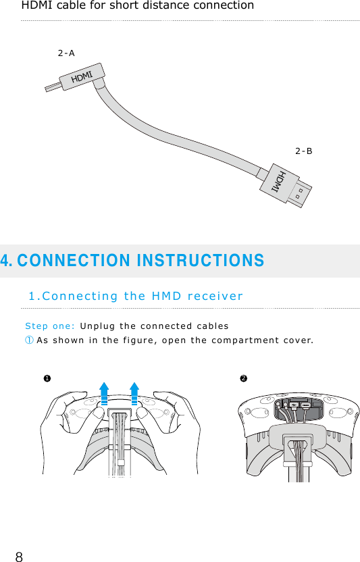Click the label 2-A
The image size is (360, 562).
pyautogui.click(x=66, y=53)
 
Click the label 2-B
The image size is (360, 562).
pyautogui.click(x=304, y=151)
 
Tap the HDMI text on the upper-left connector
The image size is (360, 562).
pyautogui.click(x=82, y=77)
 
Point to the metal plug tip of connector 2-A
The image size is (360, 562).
pyautogui.click(x=52, y=87)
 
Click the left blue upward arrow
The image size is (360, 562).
pyautogui.click(x=104, y=394)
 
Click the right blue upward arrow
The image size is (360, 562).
pyautogui.click(x=134, y=394)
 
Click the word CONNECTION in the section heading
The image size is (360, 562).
pyautogui.click(x=63, y=261)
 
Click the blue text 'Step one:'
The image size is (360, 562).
pyautogui.click(x=49, y=325)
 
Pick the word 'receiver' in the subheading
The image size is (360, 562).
pyautogui.click(x=215, y=296)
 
